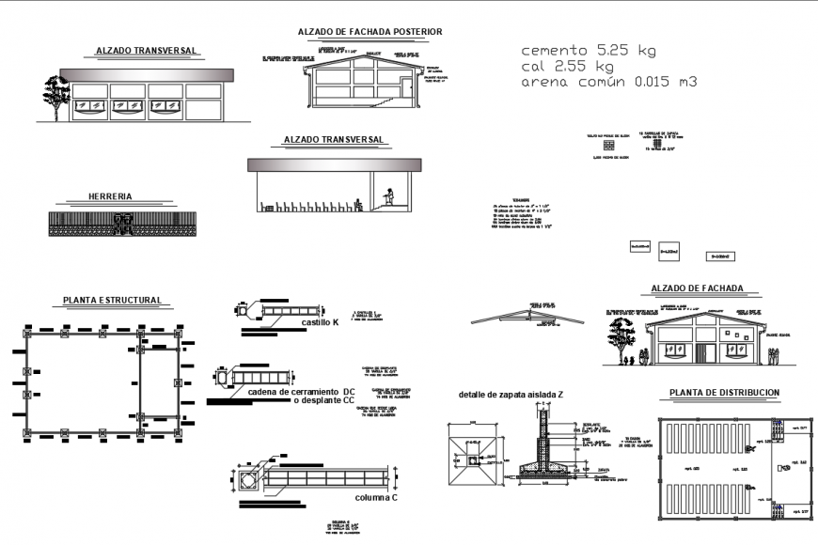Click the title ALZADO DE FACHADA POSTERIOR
pos(370,32)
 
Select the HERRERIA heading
pos(109,197)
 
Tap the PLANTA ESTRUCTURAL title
pos(112,301)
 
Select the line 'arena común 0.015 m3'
pos(609,83)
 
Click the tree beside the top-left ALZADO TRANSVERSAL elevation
pos(55,96)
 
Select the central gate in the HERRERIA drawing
pos(121,224)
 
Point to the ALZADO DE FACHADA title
pos(697,288)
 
